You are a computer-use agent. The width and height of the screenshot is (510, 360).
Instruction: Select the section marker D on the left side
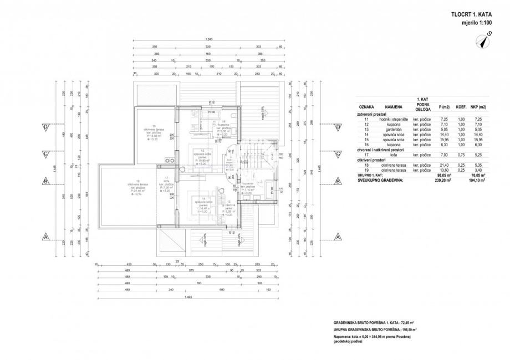coord(45,127)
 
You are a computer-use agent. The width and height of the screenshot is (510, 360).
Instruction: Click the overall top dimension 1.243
coord(209,40)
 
